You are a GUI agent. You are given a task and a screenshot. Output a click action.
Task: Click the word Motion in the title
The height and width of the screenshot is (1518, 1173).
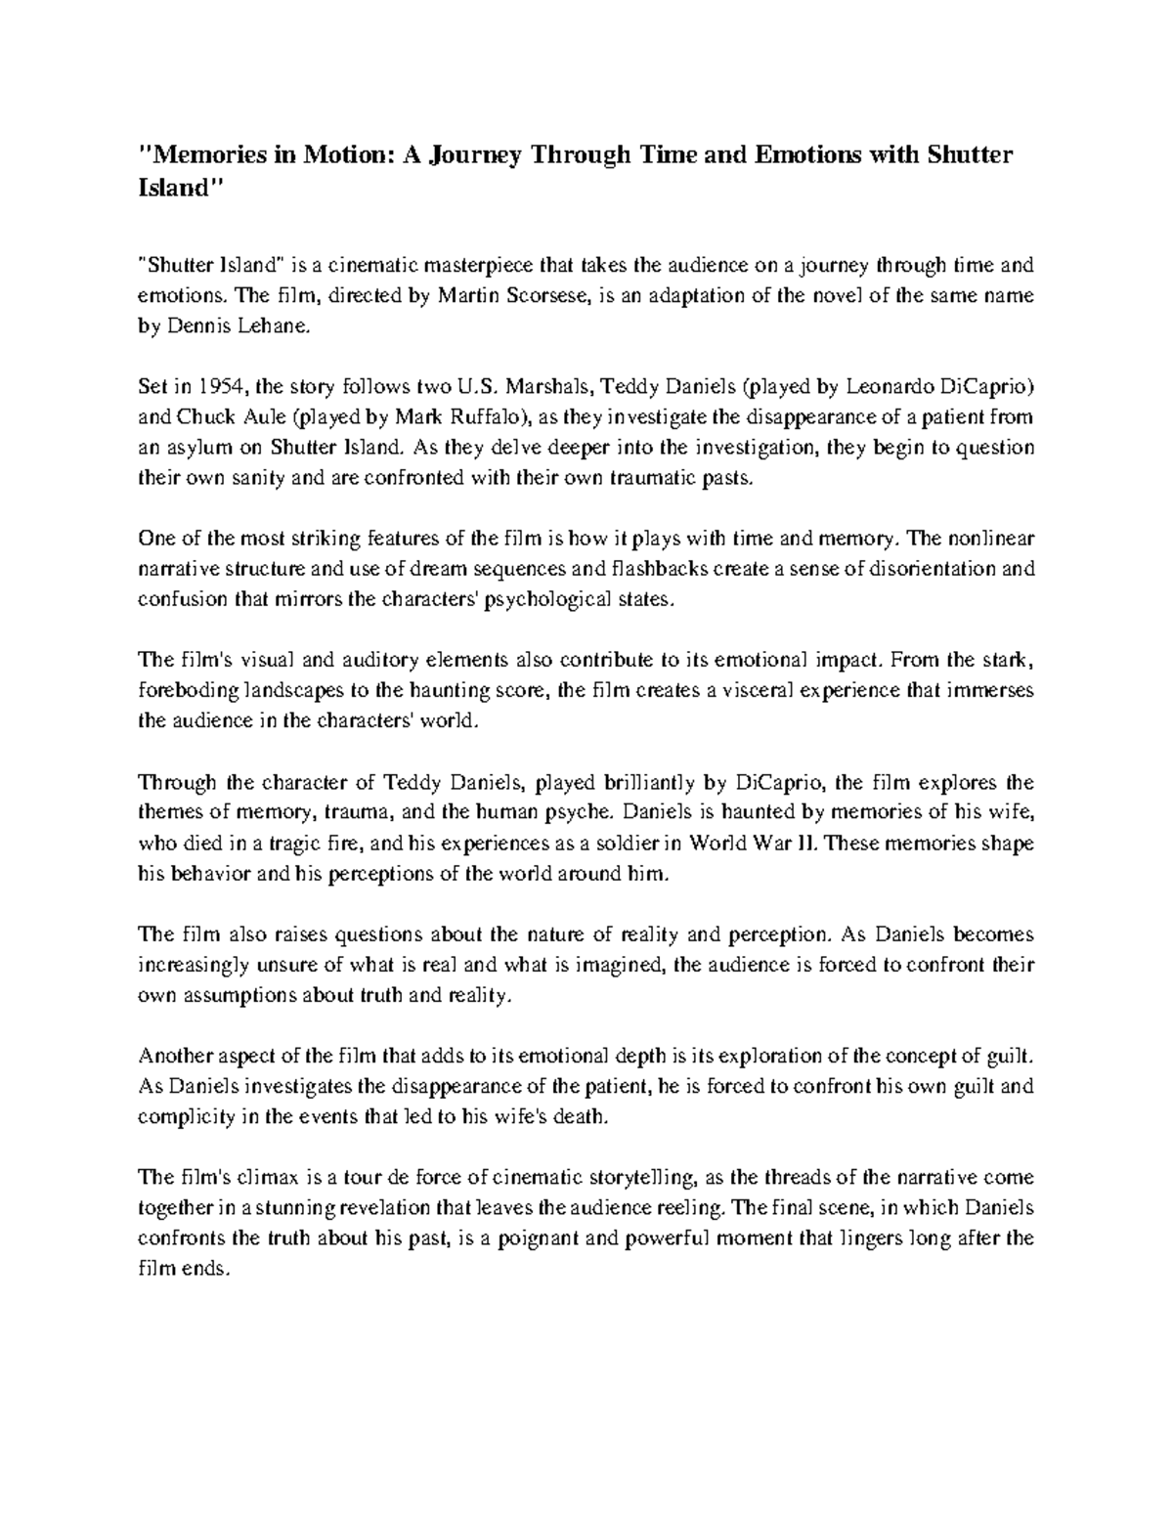tap(330, 154)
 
